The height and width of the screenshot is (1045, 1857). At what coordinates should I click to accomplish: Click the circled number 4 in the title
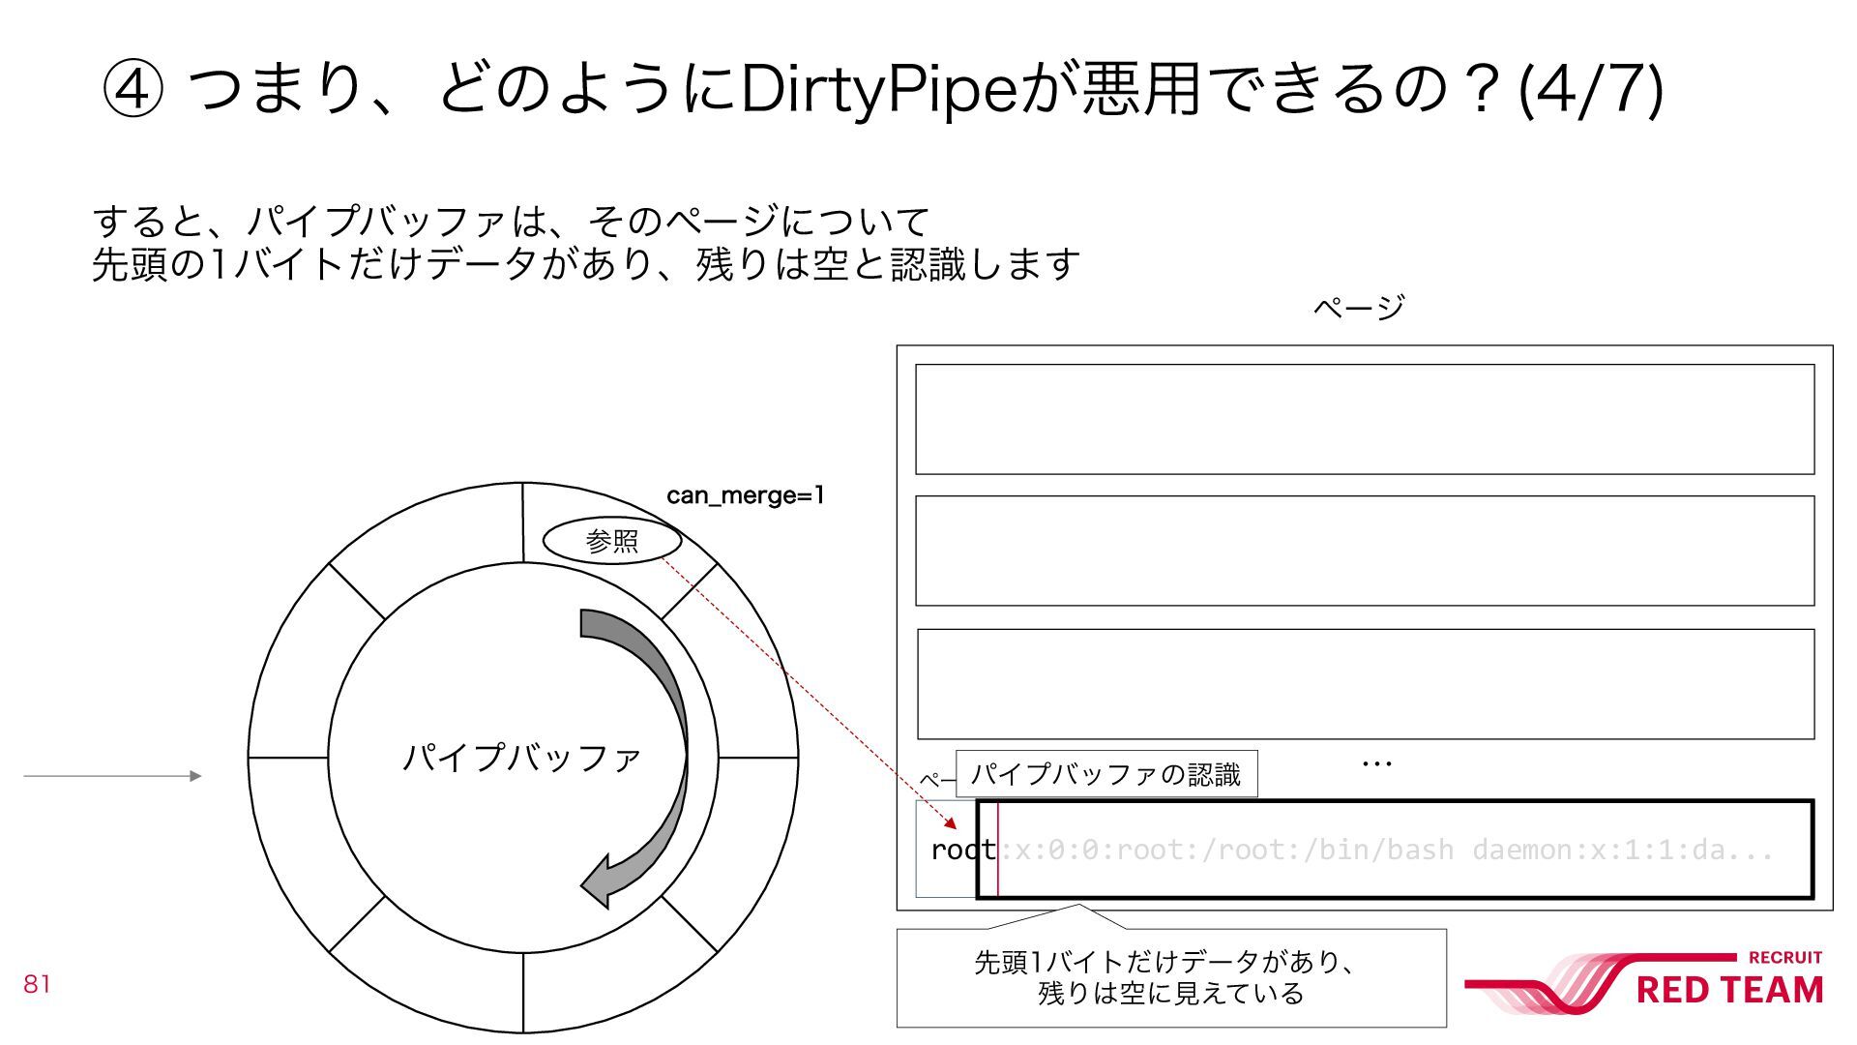coord(133,89)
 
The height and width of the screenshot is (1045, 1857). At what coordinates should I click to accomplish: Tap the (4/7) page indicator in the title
coord(1591,89)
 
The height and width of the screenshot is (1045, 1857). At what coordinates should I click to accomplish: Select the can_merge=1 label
coord(745,495)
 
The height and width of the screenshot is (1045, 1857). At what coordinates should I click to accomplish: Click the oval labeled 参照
coord(612,541)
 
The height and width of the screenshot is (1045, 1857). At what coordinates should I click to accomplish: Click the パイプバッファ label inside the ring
coord(522,757)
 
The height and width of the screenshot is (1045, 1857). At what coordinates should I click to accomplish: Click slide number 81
coord(37,984)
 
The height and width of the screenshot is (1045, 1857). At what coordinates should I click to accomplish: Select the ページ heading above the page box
coord(1358,308)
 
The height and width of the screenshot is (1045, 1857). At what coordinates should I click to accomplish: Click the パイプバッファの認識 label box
coord(1105,774)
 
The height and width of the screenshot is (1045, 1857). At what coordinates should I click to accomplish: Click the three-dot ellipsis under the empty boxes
coord(1376,764)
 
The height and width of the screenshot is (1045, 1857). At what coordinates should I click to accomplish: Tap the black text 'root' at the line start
coord(962,850)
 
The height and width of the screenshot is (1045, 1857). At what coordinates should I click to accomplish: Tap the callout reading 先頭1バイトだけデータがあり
coord(1170,977)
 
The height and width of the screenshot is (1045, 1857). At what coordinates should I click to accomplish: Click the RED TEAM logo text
coord(1728,990)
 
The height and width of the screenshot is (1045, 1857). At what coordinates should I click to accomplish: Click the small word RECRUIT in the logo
coord(1784,957)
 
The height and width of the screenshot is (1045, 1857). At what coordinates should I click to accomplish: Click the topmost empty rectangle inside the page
coord(1364,419)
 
